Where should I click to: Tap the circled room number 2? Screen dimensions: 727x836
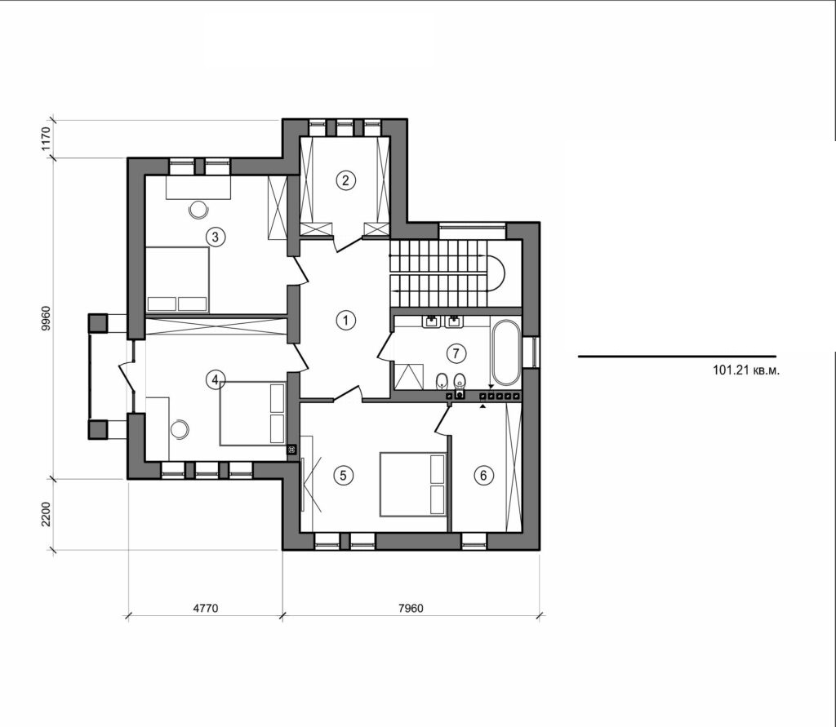pyautogui.click(x=346, y=180)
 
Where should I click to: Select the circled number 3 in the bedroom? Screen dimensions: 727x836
pyautogui.click(x=215, y=237)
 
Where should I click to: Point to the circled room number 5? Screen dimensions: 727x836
pyautogui.click(x=344, y=474)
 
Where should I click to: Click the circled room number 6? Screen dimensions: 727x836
pyautogui.click(x=485, y=474)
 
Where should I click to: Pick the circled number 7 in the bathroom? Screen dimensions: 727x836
pyautogui.click(x=456, y=353)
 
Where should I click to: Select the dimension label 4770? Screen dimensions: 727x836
pyautogui.click(x=204, y=609)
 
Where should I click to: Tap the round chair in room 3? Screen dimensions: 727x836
pyautogui.click(x=198, y=209)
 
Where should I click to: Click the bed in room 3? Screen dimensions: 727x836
pyautogui.click(x=177, y=279)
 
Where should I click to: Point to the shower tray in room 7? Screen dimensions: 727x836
pyautogui.click(x=407, y=376)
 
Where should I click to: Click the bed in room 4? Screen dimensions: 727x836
pyautogui.click(x=252, y=413)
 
